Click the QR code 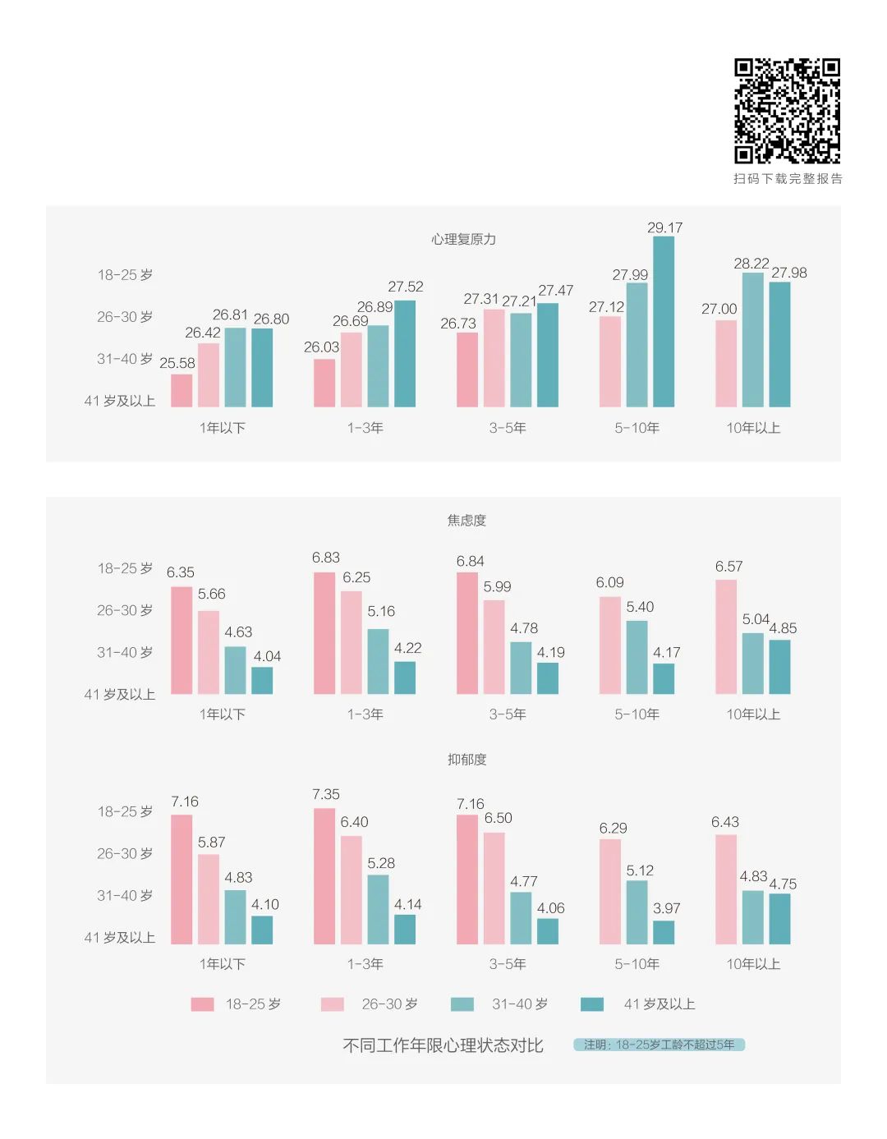coord(787,111)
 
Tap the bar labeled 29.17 coord(663,322)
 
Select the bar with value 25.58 coord(182,391)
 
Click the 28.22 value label coord(751,264)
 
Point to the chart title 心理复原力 coord(464,239)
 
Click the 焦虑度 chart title coord(466,520)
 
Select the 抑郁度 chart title coord(466,760)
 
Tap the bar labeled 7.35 coord(324,876)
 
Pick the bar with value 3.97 coord(664,932)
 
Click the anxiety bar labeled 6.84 coord(466,633)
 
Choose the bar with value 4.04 coord(262,680)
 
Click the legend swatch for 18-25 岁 coord(202,1004)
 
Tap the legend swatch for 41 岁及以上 coord(591,1004)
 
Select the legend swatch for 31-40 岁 coord(462,1004)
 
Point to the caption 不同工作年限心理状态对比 coord(443,1045)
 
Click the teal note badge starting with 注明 coord(659,1045)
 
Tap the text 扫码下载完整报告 coord(788,179)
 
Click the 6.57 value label coord(728,567)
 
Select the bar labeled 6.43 coord(726,889)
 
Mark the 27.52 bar coord(405,354)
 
